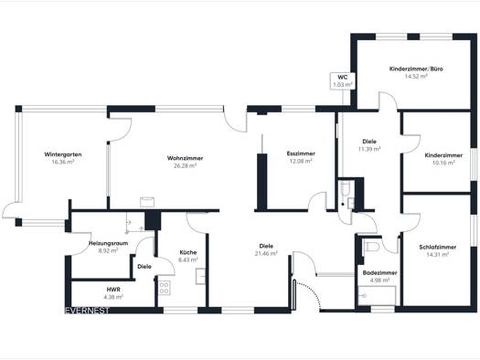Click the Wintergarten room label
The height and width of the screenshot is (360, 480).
click(63, 154)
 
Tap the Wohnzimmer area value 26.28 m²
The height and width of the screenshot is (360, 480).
click(185, 165)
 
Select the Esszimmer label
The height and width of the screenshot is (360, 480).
click(301, 154)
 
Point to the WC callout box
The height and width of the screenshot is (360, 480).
click(343, 81)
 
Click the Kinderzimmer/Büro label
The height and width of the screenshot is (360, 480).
click(416, 69)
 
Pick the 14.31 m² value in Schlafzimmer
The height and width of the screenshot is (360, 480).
click(438, 255)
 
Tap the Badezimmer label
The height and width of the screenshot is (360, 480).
click(380, 273)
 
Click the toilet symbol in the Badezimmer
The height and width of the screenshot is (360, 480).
click(371, 246)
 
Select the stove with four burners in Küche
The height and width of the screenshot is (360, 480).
click(164, 288)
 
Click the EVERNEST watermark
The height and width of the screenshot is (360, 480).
click(87, 311)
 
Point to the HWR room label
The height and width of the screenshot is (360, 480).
click(113, 290)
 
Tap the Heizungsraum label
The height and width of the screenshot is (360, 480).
click(109, 243)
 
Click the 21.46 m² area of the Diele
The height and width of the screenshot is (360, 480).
click(266, 253)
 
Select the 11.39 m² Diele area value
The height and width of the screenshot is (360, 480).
click(369, 149)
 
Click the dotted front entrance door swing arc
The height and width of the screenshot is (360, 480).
click(309, 291)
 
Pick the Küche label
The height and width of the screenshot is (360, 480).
click(188, 252)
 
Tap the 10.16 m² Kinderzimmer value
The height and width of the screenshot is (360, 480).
click(443, 163)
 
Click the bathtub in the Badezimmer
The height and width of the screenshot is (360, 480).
click(377, 295)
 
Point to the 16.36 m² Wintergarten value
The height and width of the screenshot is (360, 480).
click(63, 162)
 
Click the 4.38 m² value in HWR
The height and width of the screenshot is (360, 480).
click(113, 297)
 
